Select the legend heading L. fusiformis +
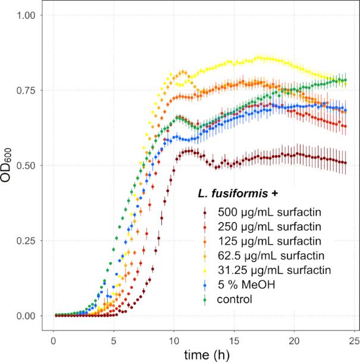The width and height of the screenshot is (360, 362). click(x=239, y=194)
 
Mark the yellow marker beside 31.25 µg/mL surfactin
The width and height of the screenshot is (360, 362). click(x=205, y=270)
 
